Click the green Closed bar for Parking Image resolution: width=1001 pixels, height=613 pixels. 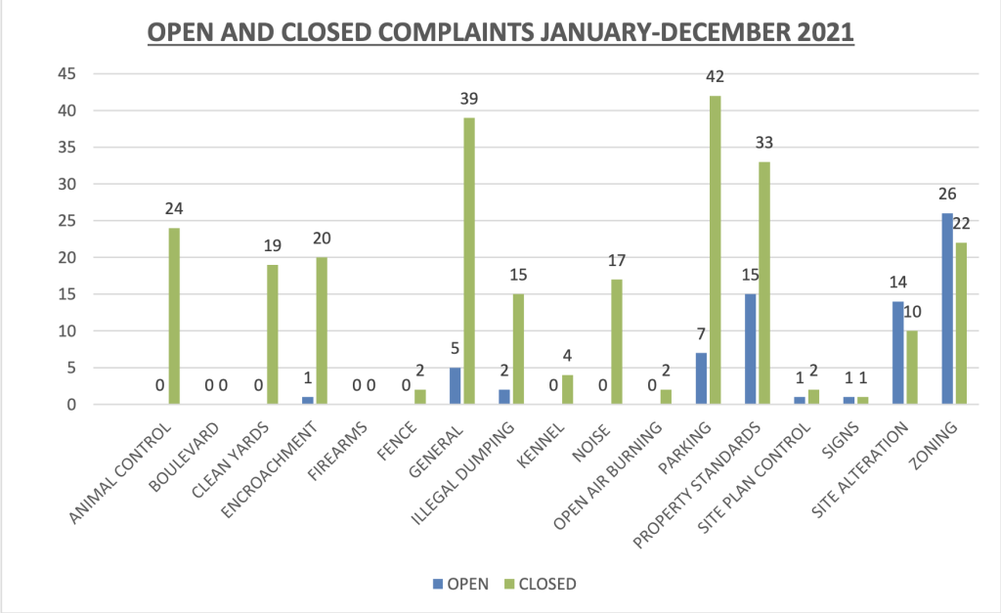point(716,249)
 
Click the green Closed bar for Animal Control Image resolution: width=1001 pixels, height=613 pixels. point(174,316)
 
